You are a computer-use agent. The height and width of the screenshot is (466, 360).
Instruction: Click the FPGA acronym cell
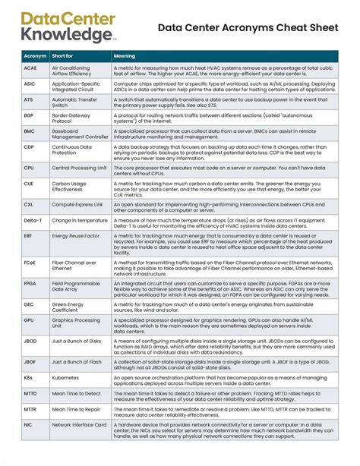(30, 285)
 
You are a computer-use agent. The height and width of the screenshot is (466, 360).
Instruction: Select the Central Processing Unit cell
(78, 168)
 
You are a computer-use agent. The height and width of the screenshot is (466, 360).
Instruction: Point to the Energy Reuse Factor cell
(76, 236)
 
